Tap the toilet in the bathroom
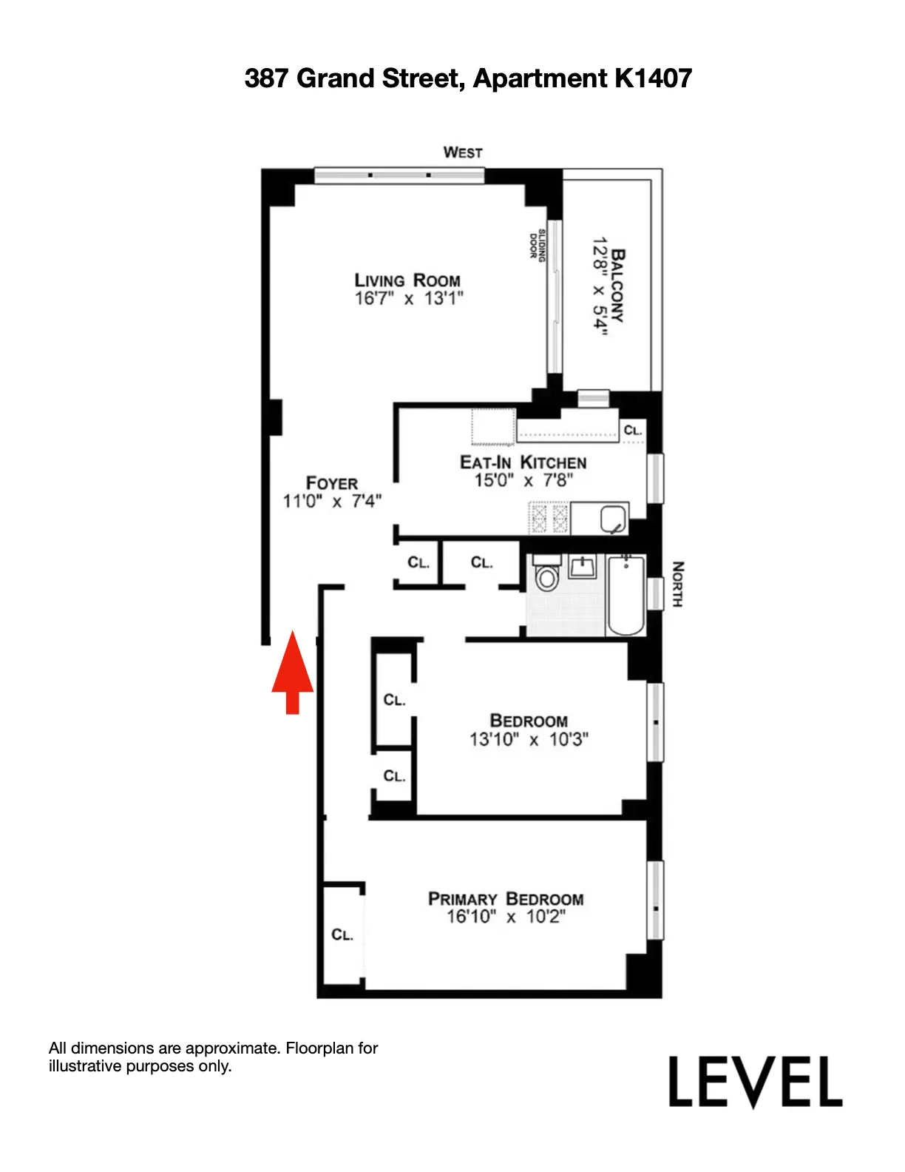click(x=546, y=575)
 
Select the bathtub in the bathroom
click(x=626, y=596)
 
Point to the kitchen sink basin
click(x=613, y=519)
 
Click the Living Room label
click(x=407, y=280)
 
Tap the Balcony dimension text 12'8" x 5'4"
click(x=600, y=287)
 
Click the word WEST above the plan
click(x=463, y=152)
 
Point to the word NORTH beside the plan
click(x=677, y=585)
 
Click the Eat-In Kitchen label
click(x=523, y=462)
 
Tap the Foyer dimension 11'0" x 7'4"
click(x=332, y=502)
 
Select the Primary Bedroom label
click(x=506, y=899)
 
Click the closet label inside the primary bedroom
click(x=342, y=935)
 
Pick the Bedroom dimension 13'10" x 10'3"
click(x=529, y=739)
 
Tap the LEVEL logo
click(x=755, y=1082)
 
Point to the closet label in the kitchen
click(x=633, y=431)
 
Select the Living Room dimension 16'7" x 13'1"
click(x=409, y=299)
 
